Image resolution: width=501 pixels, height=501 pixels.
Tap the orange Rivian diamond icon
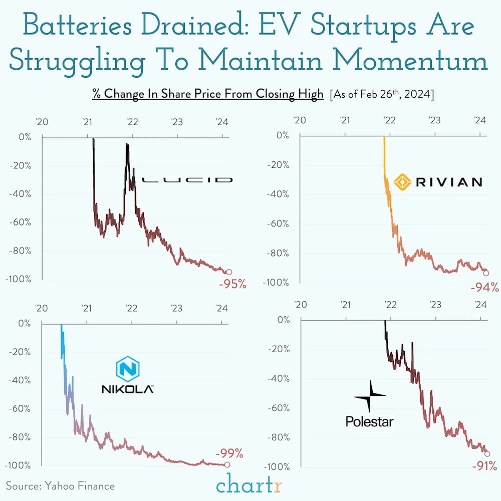click(x=403, y=181)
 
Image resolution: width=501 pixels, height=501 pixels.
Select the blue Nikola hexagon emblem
click(x=127, y=370)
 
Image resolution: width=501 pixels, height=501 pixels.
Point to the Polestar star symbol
click(x=370, y=396)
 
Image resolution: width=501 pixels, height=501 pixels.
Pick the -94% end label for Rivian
click(x=485, y=287)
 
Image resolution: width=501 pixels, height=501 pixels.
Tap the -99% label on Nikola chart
click(x=229, y=454)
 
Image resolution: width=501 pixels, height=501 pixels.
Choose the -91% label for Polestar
click(x=484, y=466)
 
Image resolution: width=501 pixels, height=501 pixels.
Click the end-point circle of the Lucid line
click(x=229, y=272)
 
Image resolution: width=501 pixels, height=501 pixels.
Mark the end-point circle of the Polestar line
click(x=486, y=453)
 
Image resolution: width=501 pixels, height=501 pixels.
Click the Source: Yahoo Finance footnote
click(x=60, y=485)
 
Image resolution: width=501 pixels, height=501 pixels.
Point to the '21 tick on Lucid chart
click(x=87, y=122)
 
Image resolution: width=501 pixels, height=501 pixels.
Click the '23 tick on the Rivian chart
click(x=434, y=121)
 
